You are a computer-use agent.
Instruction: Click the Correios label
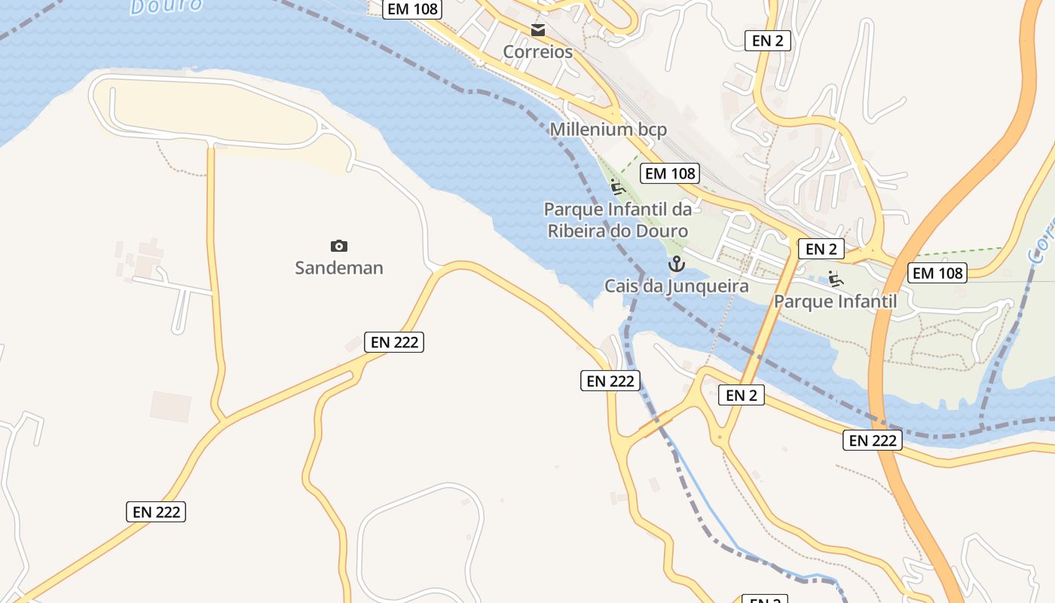point(537,52)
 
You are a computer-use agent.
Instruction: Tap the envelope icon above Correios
point(538,31)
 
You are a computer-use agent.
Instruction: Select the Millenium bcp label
point(608,130)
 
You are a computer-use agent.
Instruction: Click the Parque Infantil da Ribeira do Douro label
point(617,219)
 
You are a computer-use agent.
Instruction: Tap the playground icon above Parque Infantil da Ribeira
point(617,186)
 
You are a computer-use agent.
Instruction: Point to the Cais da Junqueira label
point(676,286)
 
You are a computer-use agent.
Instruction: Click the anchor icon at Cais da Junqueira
point(676,264)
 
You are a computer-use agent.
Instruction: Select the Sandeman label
point(339,268)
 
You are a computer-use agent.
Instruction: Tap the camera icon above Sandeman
point(339,246)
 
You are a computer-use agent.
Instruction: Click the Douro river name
point(166,5)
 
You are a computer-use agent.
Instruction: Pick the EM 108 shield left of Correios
point(411,9)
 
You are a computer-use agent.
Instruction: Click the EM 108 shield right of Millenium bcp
point(670,173)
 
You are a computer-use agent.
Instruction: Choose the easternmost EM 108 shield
point(938,273)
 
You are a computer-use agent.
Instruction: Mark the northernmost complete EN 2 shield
point(767,41)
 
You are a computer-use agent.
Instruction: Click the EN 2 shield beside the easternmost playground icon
point(821,249)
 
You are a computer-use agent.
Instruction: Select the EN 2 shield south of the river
point(741,395)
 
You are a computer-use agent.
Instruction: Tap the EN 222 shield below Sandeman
point(394,341)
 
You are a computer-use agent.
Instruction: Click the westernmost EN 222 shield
point(156,512)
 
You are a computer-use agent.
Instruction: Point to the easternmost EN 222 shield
point(872,440)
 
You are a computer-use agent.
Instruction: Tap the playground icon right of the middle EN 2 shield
point(835,278)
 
